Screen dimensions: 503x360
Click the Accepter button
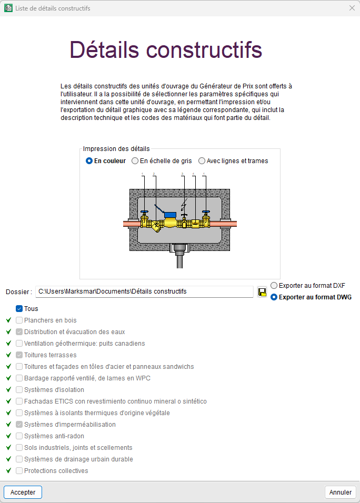(23, 492)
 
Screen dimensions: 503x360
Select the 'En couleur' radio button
(89, 161)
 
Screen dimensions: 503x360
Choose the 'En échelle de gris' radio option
(135, 161)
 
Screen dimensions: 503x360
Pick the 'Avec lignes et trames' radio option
(202, 161)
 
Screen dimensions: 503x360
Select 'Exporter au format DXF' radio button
(274, 285)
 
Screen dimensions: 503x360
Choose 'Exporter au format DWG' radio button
(274, 297)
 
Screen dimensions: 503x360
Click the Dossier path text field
(144, 291)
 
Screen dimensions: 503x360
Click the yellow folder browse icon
(262, 291)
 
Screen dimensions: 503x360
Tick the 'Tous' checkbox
(19, 309)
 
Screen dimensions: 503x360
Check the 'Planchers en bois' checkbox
(19, 320)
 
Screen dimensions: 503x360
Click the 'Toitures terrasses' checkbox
(19, 355)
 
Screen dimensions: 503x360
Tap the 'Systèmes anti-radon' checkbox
(19, 436)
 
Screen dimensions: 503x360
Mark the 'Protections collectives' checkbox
(19, 471)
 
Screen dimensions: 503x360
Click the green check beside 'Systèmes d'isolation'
(8, 390)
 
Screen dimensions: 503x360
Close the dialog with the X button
(352, 8)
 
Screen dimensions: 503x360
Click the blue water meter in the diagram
(170, 214)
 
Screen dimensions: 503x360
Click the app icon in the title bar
(8, 8)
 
